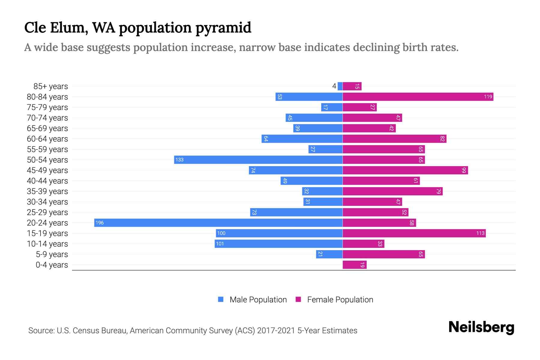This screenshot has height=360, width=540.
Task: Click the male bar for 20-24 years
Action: (x=218, y=223)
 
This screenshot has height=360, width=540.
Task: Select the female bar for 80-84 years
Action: (x=418, y=97)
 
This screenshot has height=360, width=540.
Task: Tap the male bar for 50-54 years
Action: (x=258, y=160)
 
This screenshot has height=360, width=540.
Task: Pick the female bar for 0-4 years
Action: (x=355, y=265)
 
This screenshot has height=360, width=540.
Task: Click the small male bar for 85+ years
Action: (x=340, y=86)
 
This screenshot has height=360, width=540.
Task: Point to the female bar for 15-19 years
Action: (x=414, y=233)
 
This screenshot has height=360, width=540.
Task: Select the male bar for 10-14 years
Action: (x=278, y=244)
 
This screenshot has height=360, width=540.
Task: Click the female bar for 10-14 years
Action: (x=363, y=244)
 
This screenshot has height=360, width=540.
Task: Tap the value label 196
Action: (x=100, y=223)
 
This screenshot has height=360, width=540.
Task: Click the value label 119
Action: (x=488, y=97)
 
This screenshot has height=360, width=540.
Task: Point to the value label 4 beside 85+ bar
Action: (x=334, y=86)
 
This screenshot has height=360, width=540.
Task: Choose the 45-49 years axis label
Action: (x=47, y=170)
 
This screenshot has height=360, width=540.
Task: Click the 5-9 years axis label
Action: (x=52, y=254)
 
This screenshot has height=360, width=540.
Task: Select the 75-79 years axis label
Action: (x=47, y=107)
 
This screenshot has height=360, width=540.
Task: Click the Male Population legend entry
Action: (x=258, y=299)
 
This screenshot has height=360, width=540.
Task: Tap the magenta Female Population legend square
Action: (x=298, y=299)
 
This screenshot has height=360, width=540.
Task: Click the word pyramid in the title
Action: (x=223, y=28)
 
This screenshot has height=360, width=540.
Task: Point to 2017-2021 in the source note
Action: (x=276, y=330)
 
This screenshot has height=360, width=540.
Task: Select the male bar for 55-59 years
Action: (x=325, y=149)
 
